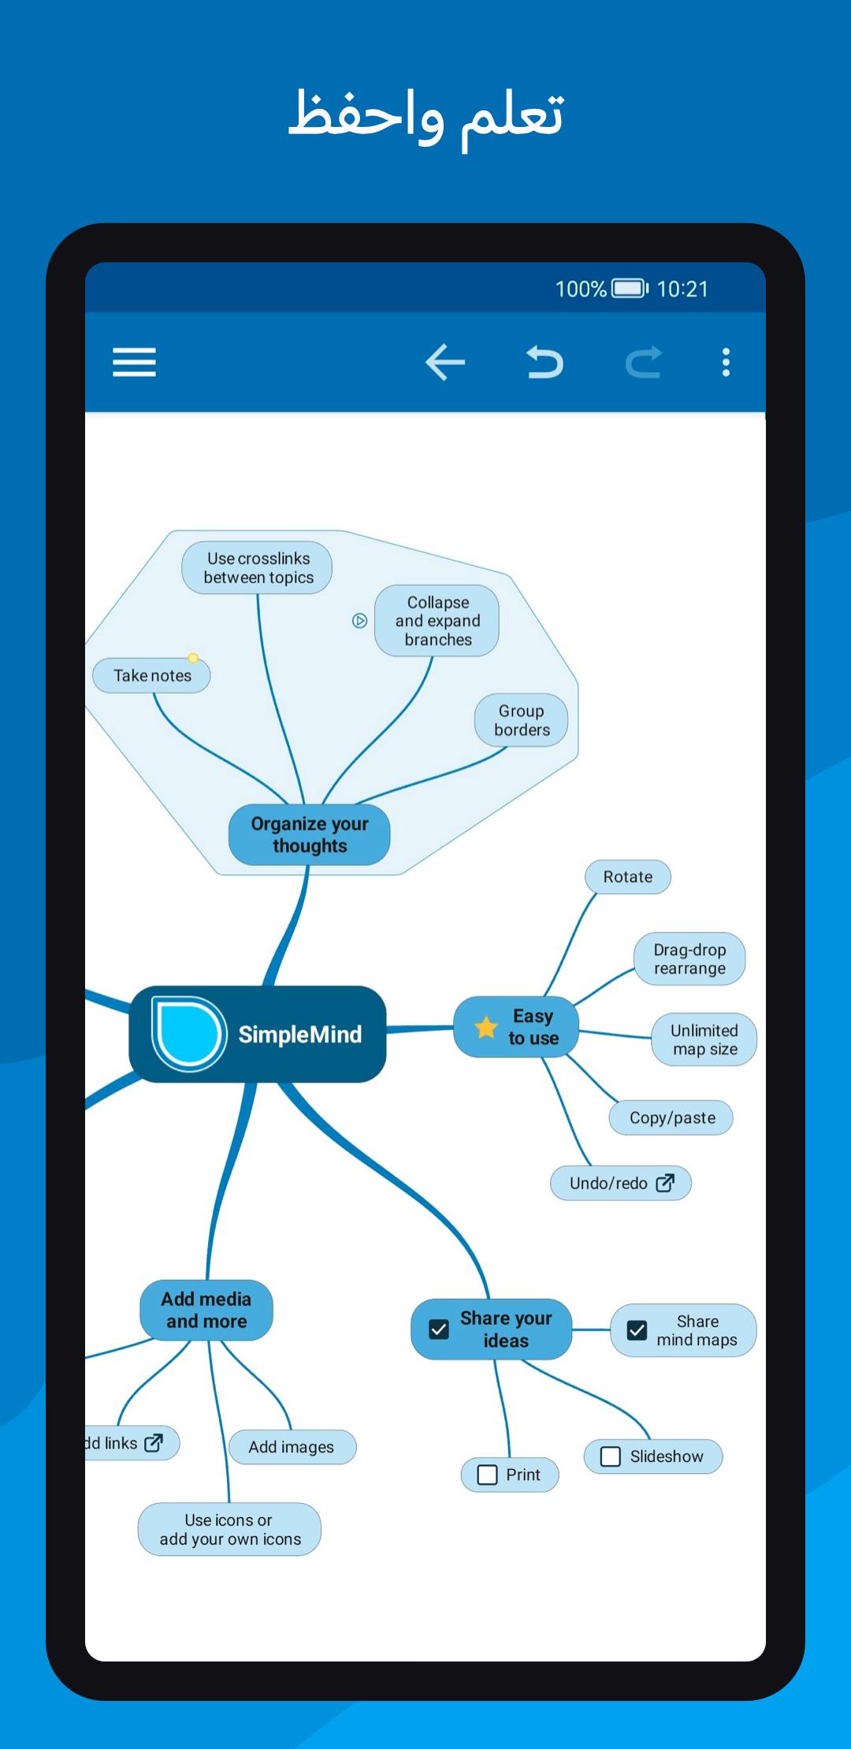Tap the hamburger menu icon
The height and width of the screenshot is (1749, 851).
(x=134, y=363)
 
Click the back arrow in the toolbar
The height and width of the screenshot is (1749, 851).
(x=445, y=363)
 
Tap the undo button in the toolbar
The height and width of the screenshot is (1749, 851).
(x=544, y=363)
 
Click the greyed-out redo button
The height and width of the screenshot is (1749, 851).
(x=644, y=363)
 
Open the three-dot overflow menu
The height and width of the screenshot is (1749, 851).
(x=726, y=363)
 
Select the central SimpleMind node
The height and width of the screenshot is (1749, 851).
(x=258, y=1034)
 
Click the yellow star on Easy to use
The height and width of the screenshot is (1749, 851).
(x=486, y=1027)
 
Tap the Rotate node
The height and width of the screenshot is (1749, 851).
(x=628, y=877)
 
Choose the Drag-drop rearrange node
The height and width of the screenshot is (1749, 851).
(x=689, y=959)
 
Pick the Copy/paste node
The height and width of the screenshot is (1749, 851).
(x=671, y=1117)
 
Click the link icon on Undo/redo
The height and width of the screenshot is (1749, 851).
(x=665, y=1183)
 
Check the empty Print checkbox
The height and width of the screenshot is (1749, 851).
(x=488, y=1475)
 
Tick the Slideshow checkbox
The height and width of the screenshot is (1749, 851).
(x=611, y=1456)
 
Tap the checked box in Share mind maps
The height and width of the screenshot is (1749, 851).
(x=637, y=1330)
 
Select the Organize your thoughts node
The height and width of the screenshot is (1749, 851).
(x=310, y=834)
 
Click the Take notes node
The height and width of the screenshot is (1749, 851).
(x=152, y=676)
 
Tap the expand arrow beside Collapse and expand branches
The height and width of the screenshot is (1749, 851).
(x=359, y=621)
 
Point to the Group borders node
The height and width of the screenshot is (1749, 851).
(x=522, y=720)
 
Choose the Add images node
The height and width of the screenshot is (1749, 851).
(x=292, y=1447)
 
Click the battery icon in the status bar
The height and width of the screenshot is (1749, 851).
(x=630, y=289)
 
